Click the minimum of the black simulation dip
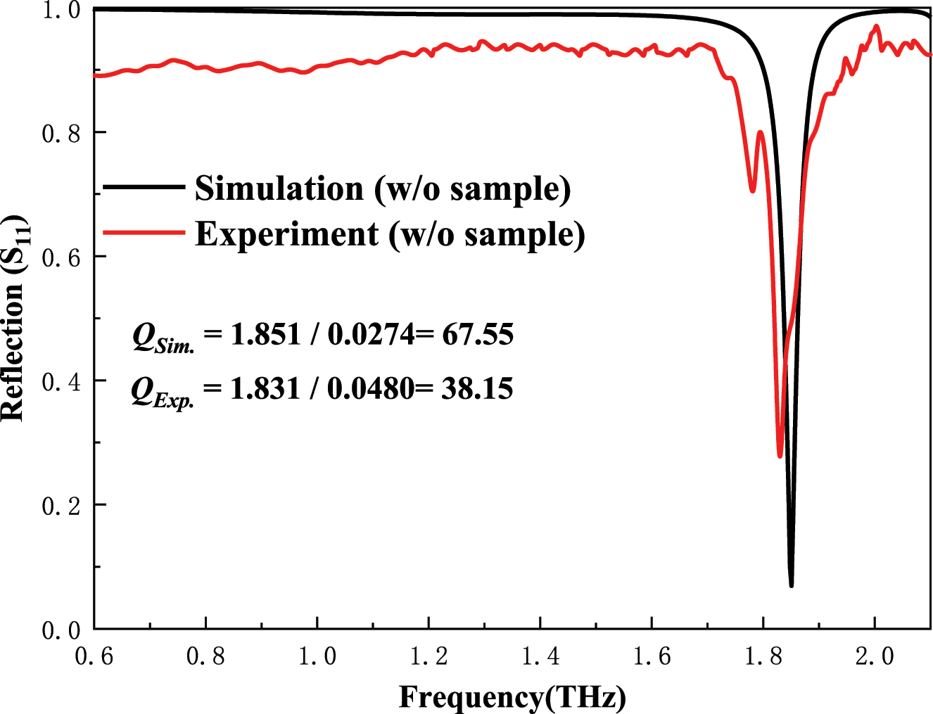tap(792, 585)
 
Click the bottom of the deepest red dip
tap(780, 456)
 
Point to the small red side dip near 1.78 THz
tap(753, 191)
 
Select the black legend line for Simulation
tap(144, 187)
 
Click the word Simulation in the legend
tap(279, 189)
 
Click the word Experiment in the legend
tap(287, 234)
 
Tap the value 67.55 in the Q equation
tap(478, 334)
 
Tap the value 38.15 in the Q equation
tap(477, 388)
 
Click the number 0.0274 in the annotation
tap(372, 334)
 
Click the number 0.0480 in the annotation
tap(371, 388)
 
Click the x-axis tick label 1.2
tap(429, 657)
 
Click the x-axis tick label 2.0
tap(875, 657)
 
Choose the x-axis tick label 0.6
tap(94, 657)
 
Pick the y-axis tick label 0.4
tap(61, 382)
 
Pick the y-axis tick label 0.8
tap(61, 134)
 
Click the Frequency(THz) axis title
tap(512, 697)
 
